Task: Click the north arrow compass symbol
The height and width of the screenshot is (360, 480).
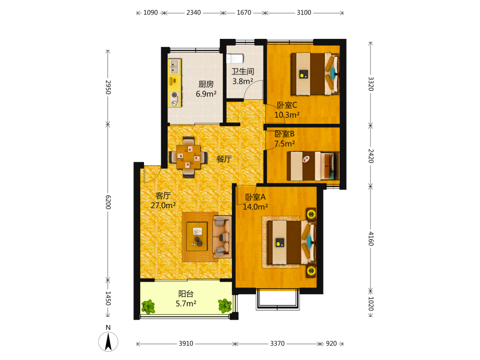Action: pyautogui.click(x=108, y=341)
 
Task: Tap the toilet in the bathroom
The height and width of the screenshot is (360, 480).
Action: pyautogui.click(x=235, y=58)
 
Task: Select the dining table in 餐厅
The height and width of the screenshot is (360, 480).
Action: pyautogui.click(x=189, y=157)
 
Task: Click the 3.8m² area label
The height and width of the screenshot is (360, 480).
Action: pyautogui.click(x=243, y=82)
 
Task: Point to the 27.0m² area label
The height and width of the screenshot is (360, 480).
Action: pyautogui.click(x=163, y=205)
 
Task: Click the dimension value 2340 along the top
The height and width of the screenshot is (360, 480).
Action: pyautogui.click(x=194, y=12)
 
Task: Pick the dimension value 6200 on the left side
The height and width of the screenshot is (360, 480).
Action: pyautogui.click(x=108, y=202)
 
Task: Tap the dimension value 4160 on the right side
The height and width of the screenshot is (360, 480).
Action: pyautogui.click(x=371, y=239)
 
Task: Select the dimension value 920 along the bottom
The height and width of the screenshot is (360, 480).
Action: pyautogui.click(x=331, y=344)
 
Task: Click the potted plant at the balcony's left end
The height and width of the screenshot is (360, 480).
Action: pyautogui.click(x=148, y=306)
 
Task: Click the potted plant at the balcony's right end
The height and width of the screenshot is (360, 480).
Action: pyautogui.click(x=225, y=306)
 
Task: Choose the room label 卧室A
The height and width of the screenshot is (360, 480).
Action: pyautogui.click(x=255, y=197)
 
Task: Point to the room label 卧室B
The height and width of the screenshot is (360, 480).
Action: pyautogui.click(x=284, y=134)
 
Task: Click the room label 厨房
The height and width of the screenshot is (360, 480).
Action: pyautogui.click(x=206, y=84)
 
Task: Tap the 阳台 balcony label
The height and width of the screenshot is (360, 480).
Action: pyautogui.click(x=186, y=294)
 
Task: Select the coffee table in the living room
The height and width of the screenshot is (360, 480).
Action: pyautogui.click(x=197, y=236)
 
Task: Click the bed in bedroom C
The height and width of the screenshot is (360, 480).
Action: pyautogui.click(x=315, y=74)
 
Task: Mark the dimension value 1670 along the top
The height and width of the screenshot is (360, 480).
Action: pyautogui.click(x=244, y=12)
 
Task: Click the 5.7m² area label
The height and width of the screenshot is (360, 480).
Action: pyautogui.click(x=186, y=304)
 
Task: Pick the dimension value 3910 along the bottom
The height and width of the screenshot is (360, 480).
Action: pyautogui.click(x=186, y=344)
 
